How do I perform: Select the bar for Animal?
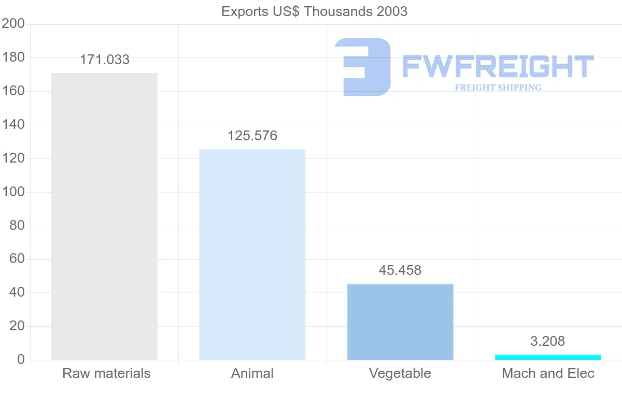tap(252, 254)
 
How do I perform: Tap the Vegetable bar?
tap(400, 321)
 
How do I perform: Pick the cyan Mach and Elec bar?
tap(548, 357)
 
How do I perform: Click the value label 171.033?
tap(105, 60)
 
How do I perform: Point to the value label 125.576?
tap(252, 136)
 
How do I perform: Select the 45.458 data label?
tap(400, 270)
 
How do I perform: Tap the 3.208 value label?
tap(548, 341)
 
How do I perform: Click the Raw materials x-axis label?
tap(106, 373)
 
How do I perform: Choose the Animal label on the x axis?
tap(252, 373)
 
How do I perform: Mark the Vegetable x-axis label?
tap(400, 373)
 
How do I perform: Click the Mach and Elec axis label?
tap(548, 373)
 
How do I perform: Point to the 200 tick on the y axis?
tap(13, 24)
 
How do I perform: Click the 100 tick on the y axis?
tap(13, 192)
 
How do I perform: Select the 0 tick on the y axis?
tap(21, 360)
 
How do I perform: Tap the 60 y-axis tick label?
tap(17, 259)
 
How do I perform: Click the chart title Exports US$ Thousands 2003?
tap(314, 11)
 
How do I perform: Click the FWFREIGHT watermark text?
tap(498, 67)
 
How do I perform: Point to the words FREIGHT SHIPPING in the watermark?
tap(498, 87)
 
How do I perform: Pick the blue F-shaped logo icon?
tap(363, 67)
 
